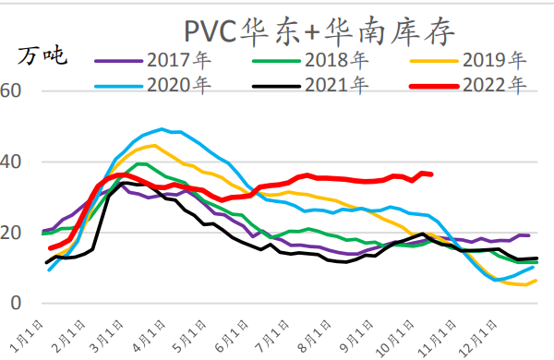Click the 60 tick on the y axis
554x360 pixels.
(x=10, y=90)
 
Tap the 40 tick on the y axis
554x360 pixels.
(x=10, y=162)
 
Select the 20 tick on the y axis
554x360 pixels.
(x=10, y=233)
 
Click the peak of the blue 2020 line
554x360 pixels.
(x=162, y=129)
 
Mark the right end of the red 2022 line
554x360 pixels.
(x=431, y=174)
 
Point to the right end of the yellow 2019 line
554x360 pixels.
(x=536, y=280)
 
